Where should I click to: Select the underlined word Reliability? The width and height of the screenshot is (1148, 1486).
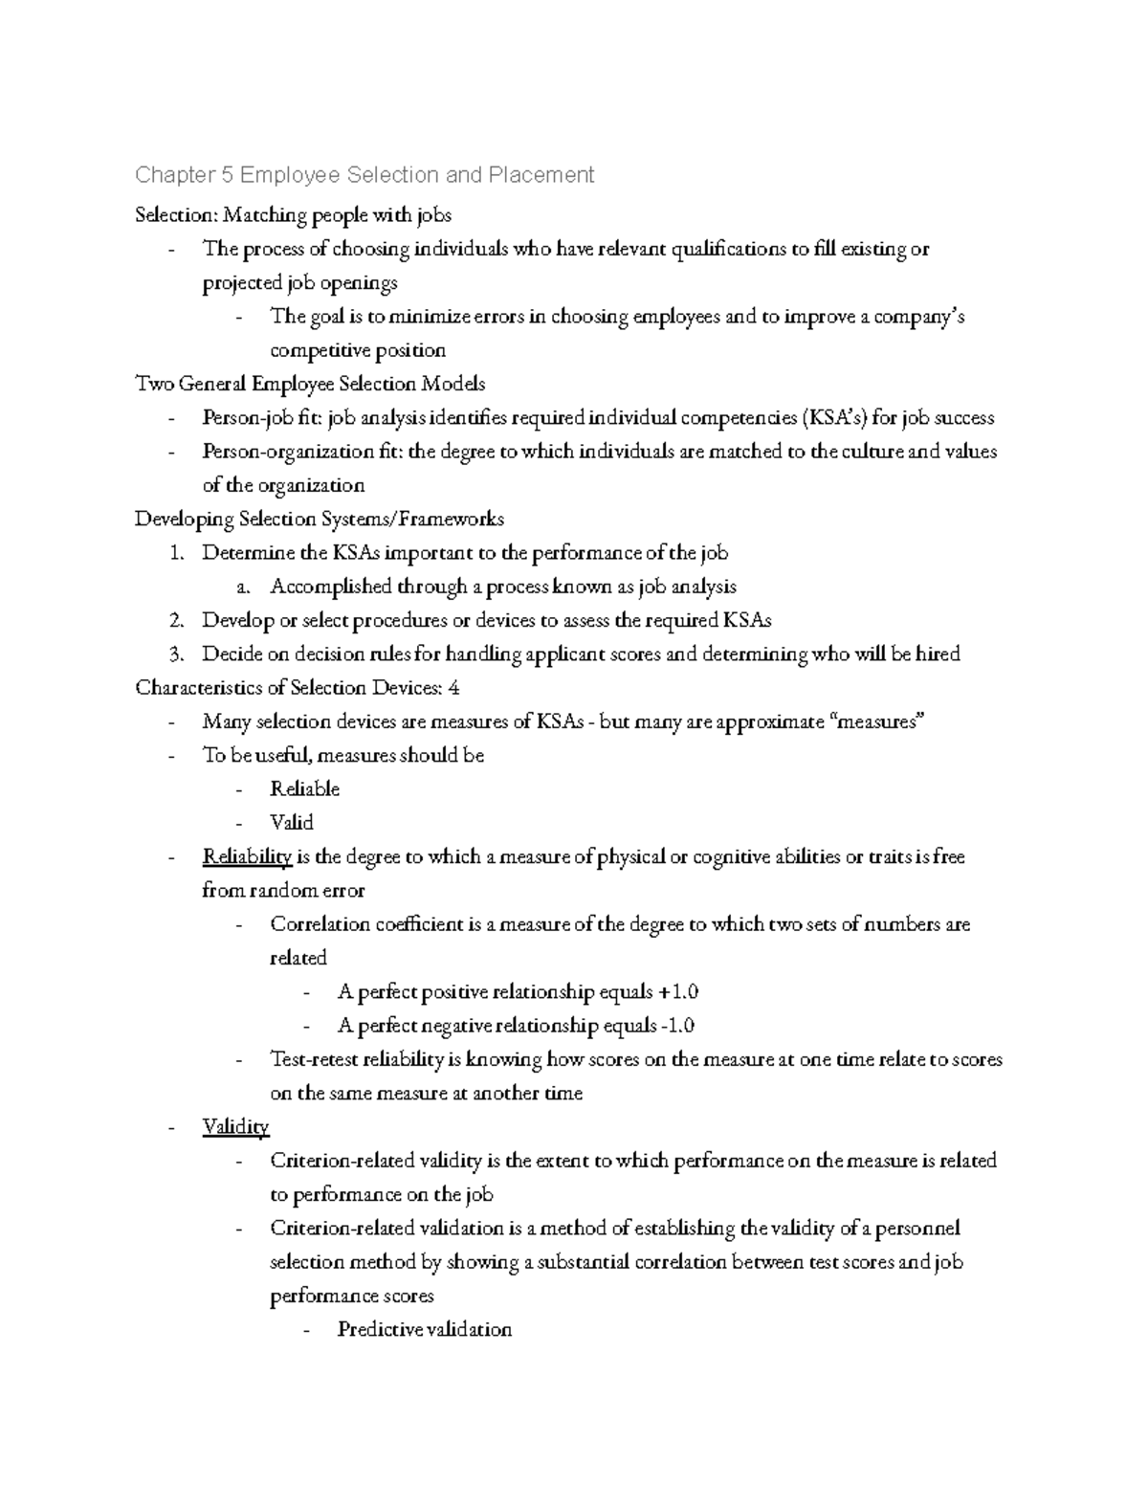[x=247, y=856]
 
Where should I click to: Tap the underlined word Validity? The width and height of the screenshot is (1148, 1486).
[x=235, y=1126]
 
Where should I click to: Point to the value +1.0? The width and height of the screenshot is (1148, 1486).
[x=672, y=991]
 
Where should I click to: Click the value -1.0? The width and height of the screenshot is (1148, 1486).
[x=676, y=1026]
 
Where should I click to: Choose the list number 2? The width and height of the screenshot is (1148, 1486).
[x=176, y=620]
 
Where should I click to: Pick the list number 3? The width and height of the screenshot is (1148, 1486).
[x=176, y=654]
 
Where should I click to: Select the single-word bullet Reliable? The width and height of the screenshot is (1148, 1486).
[x=304, y=789]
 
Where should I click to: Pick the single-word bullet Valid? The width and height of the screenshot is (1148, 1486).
[x=292, y=823]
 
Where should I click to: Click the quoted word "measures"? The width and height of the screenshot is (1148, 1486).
[x=879, y=721]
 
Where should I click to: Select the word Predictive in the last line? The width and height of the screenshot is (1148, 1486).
[x=379, y=1329]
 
